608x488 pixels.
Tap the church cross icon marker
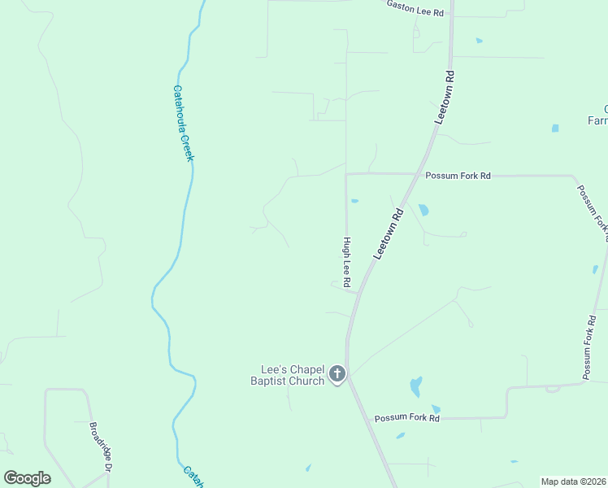[x=337, y=375]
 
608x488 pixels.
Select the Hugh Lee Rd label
[x=347, y=262]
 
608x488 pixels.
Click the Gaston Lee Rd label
[x=415, y=9]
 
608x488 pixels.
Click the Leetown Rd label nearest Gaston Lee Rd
[x=444, y=97]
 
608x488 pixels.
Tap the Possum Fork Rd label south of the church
[x=406, y=418]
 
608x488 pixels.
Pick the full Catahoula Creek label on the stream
[x=184, y=124]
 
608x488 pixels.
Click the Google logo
[x=27, y=477]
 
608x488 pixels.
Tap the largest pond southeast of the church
[x=416, y=386]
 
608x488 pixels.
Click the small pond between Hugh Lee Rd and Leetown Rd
[x=354, y=200]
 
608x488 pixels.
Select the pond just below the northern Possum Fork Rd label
[x=423, y=210]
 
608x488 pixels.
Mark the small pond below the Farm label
[x=555, y=129]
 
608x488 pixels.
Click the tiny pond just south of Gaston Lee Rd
[x=479, y=41]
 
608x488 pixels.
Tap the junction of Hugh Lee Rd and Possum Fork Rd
[x=347, y=173]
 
